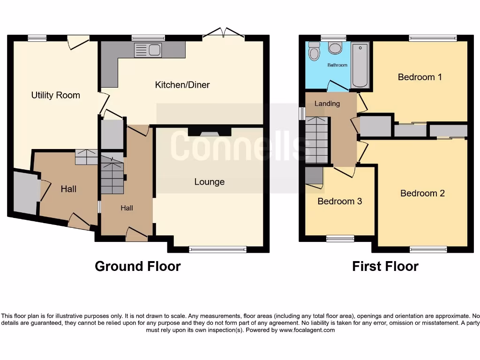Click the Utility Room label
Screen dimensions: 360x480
click(x=55, y=95)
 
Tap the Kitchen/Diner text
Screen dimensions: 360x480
click(x=182, y=85)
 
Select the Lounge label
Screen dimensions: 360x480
click(x=210, y=182)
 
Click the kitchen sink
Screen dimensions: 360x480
click(x=148, y=50)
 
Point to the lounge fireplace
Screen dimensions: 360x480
click(x=210, y=131)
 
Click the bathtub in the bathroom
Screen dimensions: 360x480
click(x=360, y=65)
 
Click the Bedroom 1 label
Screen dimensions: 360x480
click(x=420, y=77)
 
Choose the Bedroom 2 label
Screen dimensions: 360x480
click(x=422, y=193)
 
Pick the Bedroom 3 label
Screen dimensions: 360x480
click(x=340, y=202)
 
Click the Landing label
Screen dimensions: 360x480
click(x=327, y=103)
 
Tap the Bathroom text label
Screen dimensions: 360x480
click(x=337, y=65)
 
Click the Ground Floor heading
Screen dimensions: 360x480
click(x=137, y=266)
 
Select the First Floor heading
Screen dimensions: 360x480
click(x=385, y=266)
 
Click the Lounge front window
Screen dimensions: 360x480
click(x=218, y=250)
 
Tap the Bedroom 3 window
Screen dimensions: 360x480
click(x=340, y=239)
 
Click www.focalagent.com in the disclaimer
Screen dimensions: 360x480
click(x=307, y=330)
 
